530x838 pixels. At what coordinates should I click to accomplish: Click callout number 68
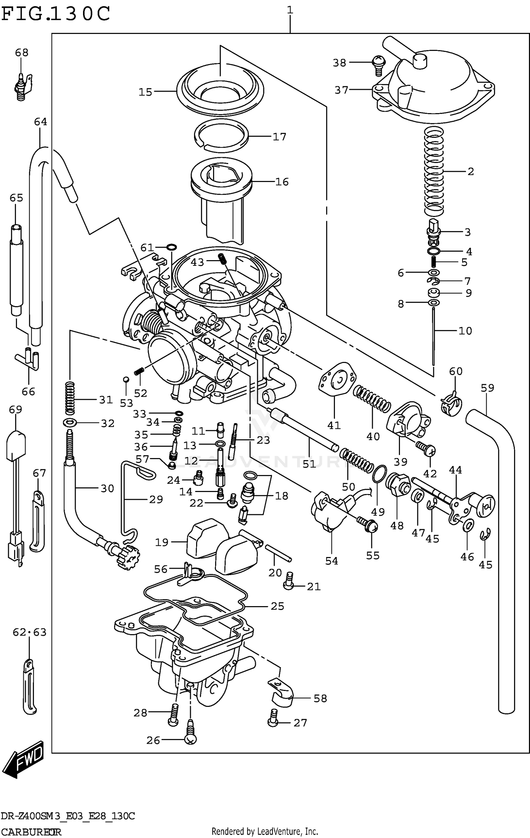pos(22,53)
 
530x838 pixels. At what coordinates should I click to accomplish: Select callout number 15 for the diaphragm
pos(145,92)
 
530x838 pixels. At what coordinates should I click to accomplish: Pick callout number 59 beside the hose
pos(487,388)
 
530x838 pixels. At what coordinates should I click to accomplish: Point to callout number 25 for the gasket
pos(277,606)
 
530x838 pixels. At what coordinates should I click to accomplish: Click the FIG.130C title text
pos(56,14)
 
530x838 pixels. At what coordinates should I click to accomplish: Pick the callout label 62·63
pos(29,632)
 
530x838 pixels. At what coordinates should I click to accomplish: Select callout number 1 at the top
pos(290,10)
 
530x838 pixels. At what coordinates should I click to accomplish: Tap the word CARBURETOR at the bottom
pos(31,831)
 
